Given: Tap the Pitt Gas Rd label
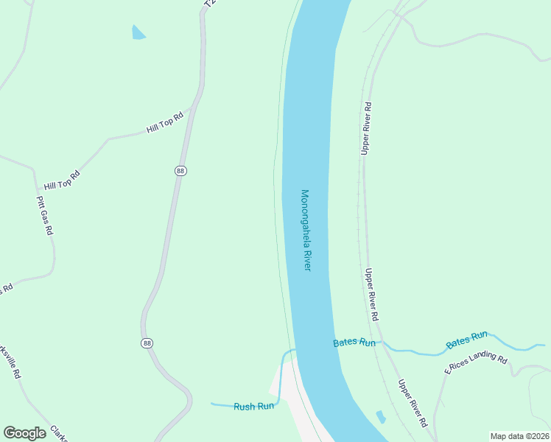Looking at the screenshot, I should (46, 216).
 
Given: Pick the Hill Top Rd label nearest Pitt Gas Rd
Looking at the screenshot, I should (61, 180).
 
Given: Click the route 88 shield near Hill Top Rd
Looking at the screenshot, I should (181, 171).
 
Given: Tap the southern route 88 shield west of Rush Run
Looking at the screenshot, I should (147, 343).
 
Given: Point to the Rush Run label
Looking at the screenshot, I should (254, 407).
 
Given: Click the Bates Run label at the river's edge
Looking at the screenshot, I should (354, 343).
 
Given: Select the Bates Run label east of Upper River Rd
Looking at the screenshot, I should (467, 340).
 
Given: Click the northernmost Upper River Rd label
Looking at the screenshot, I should (366, 128).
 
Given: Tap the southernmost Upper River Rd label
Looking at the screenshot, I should (413, 404).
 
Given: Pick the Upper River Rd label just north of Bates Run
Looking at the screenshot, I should (372, 294).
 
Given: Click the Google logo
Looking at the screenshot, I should (24, 432).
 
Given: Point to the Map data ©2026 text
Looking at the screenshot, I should (519, 435).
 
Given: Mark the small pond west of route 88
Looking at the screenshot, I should (138, 32).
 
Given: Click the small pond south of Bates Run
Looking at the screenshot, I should (380, 417).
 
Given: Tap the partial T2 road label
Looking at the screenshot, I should (211, 4).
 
